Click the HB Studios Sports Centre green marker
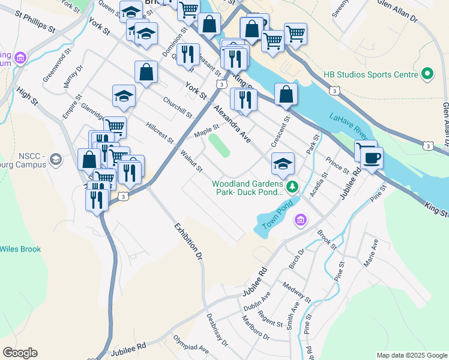[x=427, y=74]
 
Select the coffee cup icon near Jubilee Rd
[x=372, y=158]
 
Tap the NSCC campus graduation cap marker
[x=56, y=159]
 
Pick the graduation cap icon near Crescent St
[x=283, y=163]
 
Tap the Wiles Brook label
[x=20, y=249]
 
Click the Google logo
[x=20, y=353]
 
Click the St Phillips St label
[x=35, y=20]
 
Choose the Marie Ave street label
[x=370, y=253]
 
